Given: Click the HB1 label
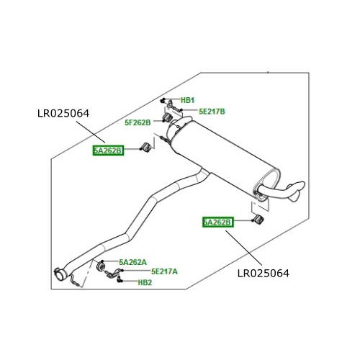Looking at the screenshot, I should (187, 100).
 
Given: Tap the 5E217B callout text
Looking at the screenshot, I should (212, 112).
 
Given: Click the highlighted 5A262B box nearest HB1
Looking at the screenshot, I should (108, 150).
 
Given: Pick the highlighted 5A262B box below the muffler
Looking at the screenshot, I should (217, 222).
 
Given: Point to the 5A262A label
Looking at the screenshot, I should (132, 262).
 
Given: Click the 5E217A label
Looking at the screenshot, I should (164, 271).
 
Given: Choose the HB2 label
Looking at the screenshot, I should (145, 283).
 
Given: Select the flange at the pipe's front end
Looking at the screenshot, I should (60, 272).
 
